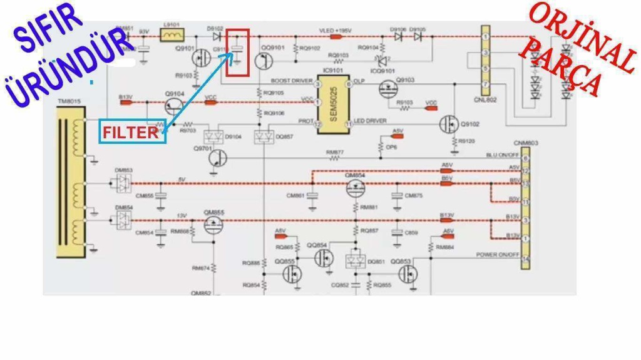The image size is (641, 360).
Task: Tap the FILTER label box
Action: (132, 132)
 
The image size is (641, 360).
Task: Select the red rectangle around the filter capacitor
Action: (237, 53)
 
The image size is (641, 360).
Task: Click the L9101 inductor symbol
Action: (172, 36)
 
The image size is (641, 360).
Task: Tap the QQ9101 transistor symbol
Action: (264, 61)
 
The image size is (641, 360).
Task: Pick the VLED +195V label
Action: (336, 30)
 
